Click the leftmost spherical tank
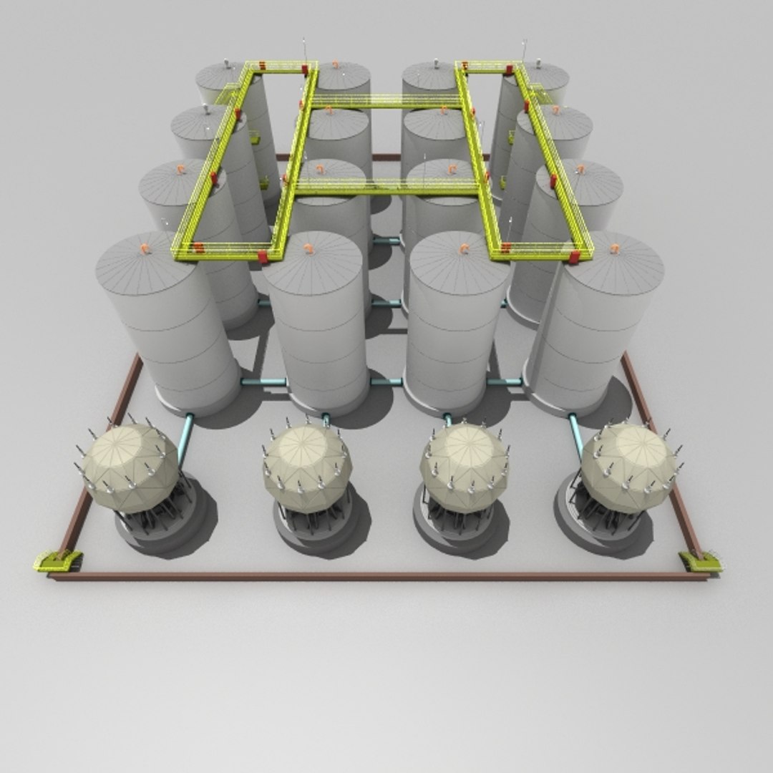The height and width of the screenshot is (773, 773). click(129, 465)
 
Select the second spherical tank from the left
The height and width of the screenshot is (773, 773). click(306, 465)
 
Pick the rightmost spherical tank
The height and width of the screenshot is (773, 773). click(628, 465)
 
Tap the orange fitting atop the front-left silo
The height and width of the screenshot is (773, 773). click(145, 249)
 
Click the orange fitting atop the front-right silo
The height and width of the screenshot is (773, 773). click(614, 249)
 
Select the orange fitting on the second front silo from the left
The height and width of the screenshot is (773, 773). click(309, 249)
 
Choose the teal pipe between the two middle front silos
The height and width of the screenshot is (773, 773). click(387, 382)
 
